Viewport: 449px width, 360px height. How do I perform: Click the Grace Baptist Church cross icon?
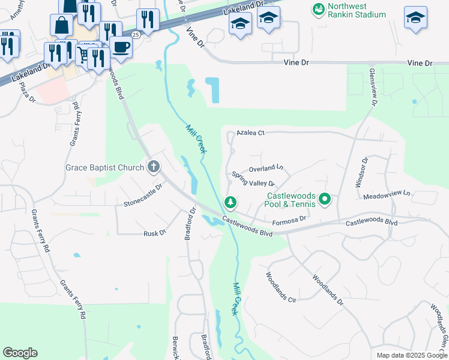pyautogui.click(x=154, y=167)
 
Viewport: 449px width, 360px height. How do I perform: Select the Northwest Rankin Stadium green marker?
pyautogui.click(x=318, y=9)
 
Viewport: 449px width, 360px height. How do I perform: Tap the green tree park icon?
pyautogui.click(x=229, y=203)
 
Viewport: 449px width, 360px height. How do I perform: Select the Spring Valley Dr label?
pyautogui.click(x=253, y=179)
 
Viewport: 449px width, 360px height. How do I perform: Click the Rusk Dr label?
pyautogui.click(x=154, y=233)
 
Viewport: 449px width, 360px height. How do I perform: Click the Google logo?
pyautogui.click(x=20, y=353)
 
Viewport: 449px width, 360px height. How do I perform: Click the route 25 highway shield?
pyautogui.click(x=136, y=35)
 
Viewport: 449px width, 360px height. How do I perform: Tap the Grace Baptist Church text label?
pyautogui.click(x=104, y=167)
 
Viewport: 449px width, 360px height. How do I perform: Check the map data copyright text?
pyautogui.click(x=411, y=355)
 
